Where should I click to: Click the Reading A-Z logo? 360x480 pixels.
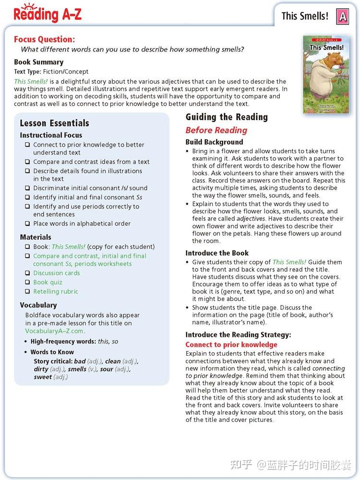(x=48, y=13)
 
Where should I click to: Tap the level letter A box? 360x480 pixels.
(x=342, y=16)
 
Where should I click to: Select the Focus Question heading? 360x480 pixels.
(x=44, y=39)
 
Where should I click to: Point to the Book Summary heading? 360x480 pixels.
(x=38, y=62)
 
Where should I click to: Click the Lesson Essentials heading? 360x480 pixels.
(x=54, y=123)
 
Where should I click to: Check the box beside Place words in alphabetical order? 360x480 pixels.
(x=27, y=223)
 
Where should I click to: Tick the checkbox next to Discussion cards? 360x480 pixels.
(x=27, y=273)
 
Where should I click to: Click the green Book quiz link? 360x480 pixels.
(x=48, y=282)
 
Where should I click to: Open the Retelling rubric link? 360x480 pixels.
(x=55, y=291)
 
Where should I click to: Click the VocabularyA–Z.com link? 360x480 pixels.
(x=55, y=331)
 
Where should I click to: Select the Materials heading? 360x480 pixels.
(x=36, y=237)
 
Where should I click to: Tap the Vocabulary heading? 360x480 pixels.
(x=38, y=305)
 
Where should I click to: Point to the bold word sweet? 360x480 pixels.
(x=43, y=377)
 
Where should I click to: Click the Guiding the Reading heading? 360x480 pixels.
(x=227, y=117)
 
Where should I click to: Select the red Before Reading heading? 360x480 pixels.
(x=216, y=130)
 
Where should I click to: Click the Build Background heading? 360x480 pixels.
(x=214, y=142)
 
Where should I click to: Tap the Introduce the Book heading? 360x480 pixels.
(x=217, y=253)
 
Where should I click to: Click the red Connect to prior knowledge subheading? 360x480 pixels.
(x=231, y=345)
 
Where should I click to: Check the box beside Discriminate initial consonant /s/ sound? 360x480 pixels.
(x=27, y=188)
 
